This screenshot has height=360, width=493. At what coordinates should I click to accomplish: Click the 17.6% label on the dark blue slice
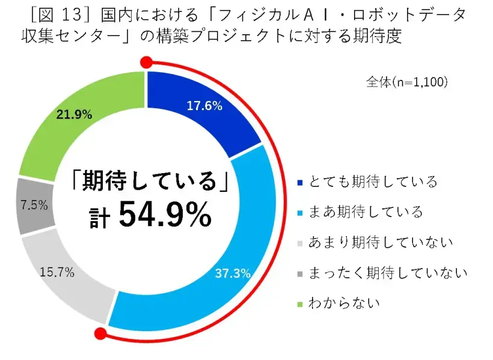point(204,106)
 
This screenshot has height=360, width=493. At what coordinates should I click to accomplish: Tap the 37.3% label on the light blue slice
point(232,274)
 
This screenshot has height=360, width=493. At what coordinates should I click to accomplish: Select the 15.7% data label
point(57,272)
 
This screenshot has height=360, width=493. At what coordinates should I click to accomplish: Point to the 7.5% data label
point(34,206)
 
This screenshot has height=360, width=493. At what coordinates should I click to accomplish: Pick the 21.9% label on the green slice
point(73,114)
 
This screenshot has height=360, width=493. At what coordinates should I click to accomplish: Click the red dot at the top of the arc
point(145,61)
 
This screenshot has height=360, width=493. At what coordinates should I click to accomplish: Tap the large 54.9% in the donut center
point(165,215)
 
